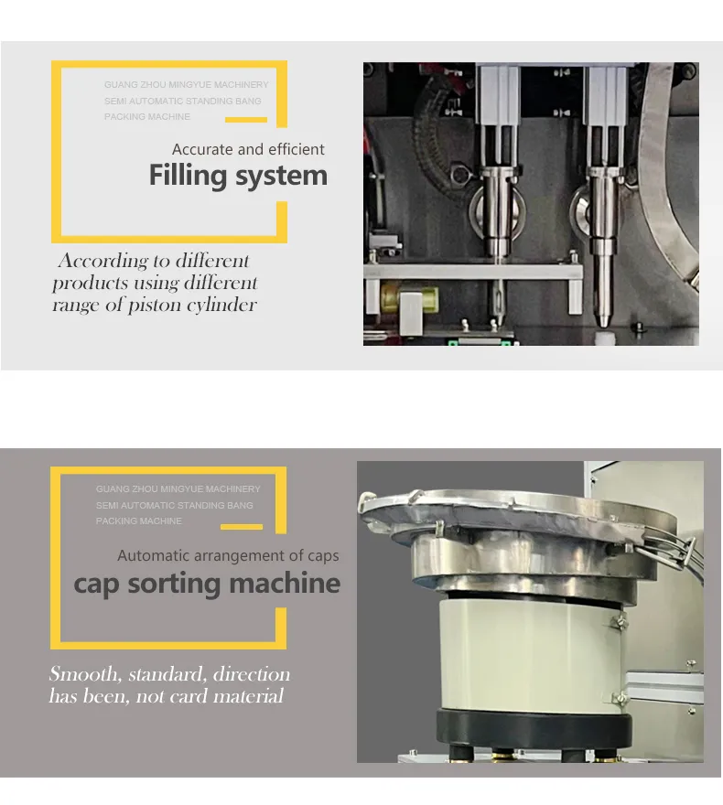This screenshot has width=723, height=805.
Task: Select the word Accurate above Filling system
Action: (x=202, y=149)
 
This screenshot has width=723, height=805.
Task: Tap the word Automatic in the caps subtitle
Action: (x=153, y=555)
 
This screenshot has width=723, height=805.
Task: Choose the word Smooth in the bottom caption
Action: (x=83, y=675)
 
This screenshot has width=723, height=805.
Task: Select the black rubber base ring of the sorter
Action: (x=532, y=728)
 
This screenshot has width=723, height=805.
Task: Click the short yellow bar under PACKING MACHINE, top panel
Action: (x=246, y=119)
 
